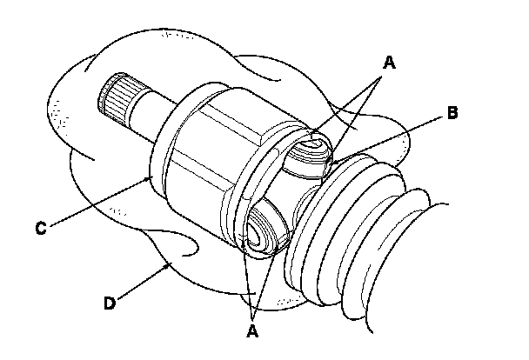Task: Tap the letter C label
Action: (40, 229)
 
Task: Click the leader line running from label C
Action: (100, 202)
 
